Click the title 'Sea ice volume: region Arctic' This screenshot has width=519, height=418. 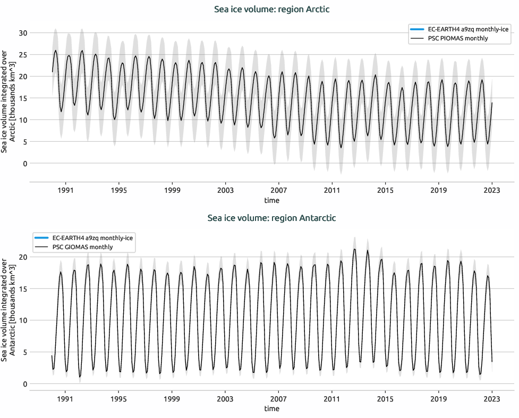(x=271, y=9)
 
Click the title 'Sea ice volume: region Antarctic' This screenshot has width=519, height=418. (x=271, y=218)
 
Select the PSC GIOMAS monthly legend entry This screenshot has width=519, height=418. (x=82, y=247)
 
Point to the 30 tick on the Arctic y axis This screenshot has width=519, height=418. (x=22, y=33)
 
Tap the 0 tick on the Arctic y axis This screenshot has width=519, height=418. (x=24, y=164)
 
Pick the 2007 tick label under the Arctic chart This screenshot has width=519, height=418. (x=279, y=190)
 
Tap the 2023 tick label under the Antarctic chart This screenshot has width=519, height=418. (x=492, y=398)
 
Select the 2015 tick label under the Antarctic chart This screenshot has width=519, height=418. (x=385, y=398)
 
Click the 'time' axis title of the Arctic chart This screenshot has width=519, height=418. (x=271, y=201)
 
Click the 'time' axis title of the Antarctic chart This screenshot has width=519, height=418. (x=271, y=409)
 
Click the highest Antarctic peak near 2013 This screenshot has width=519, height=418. (x=354, y=249)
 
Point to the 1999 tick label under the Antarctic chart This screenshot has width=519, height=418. (x=172, y=398)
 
